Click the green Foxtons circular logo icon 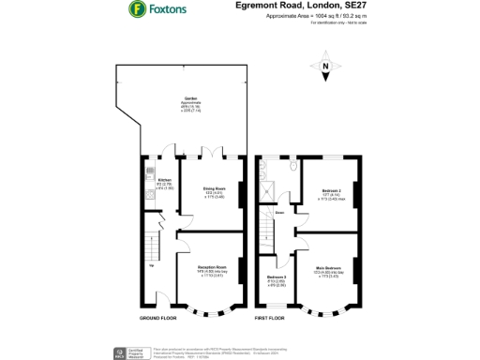(x=136, y=10)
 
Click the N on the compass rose (x=324, y=67)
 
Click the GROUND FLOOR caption (x=159, y=319)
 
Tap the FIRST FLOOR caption (x=273, y=319)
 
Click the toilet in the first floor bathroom (x=292, y=169)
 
